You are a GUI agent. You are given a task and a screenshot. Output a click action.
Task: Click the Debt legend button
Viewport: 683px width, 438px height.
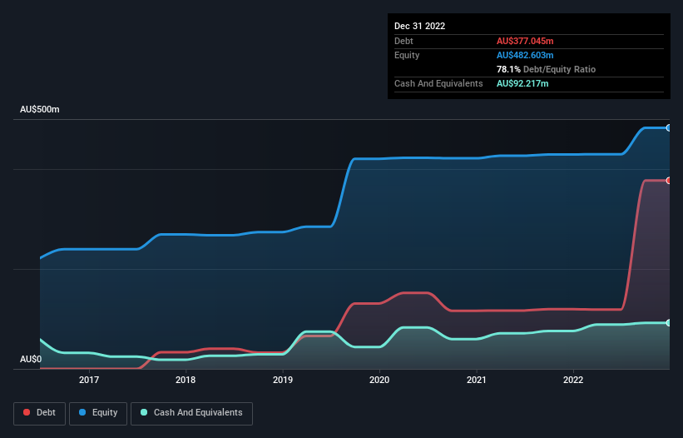point(39,412)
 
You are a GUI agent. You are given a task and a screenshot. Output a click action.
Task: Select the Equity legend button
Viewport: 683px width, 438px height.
point(98,412)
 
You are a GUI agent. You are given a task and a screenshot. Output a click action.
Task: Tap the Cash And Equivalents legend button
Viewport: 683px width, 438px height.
point(191,412)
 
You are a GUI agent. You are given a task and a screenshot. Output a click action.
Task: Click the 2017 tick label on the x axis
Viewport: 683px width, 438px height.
point(89,380)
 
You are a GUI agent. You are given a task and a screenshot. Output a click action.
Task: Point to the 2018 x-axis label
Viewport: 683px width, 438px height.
point(186,380)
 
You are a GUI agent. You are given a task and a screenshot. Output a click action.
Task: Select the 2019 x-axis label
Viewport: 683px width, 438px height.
point(283,380)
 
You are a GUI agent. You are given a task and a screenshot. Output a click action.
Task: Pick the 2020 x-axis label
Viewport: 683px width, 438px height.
point(379,380)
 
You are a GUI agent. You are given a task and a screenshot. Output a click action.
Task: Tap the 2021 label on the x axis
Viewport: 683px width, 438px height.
point(477,380)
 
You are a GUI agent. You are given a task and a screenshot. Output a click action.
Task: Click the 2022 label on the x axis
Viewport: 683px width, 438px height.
point(573,380)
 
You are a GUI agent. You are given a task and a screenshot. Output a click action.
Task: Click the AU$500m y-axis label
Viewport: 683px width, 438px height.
point(40,110)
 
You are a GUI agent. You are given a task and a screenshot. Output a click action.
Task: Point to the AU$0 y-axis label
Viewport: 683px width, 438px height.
point(30,359)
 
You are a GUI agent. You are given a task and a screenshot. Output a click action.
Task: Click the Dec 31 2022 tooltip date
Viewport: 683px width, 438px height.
point(419,26)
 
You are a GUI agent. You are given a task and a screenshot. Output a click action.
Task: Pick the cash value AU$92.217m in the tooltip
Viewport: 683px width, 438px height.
point(522,83)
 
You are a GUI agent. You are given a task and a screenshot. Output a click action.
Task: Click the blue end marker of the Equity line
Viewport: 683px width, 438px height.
point(668,127)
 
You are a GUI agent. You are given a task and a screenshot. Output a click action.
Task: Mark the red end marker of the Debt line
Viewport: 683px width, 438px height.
point(668,180)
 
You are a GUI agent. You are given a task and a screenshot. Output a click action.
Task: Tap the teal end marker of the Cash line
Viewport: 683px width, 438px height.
point(668,322)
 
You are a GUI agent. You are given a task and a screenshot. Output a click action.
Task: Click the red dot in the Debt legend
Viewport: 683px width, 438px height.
point(27,412)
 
